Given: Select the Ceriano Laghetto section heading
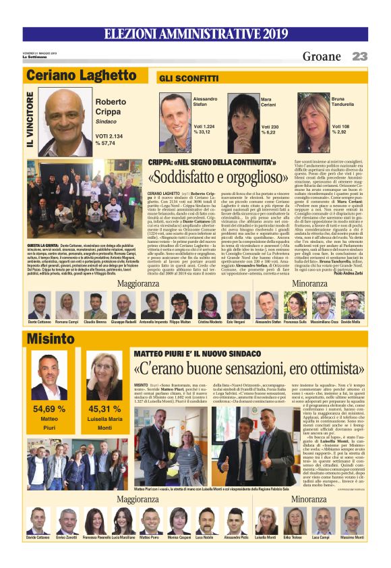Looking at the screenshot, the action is coord(81,75).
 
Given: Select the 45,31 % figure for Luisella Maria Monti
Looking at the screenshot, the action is coord(104,408).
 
